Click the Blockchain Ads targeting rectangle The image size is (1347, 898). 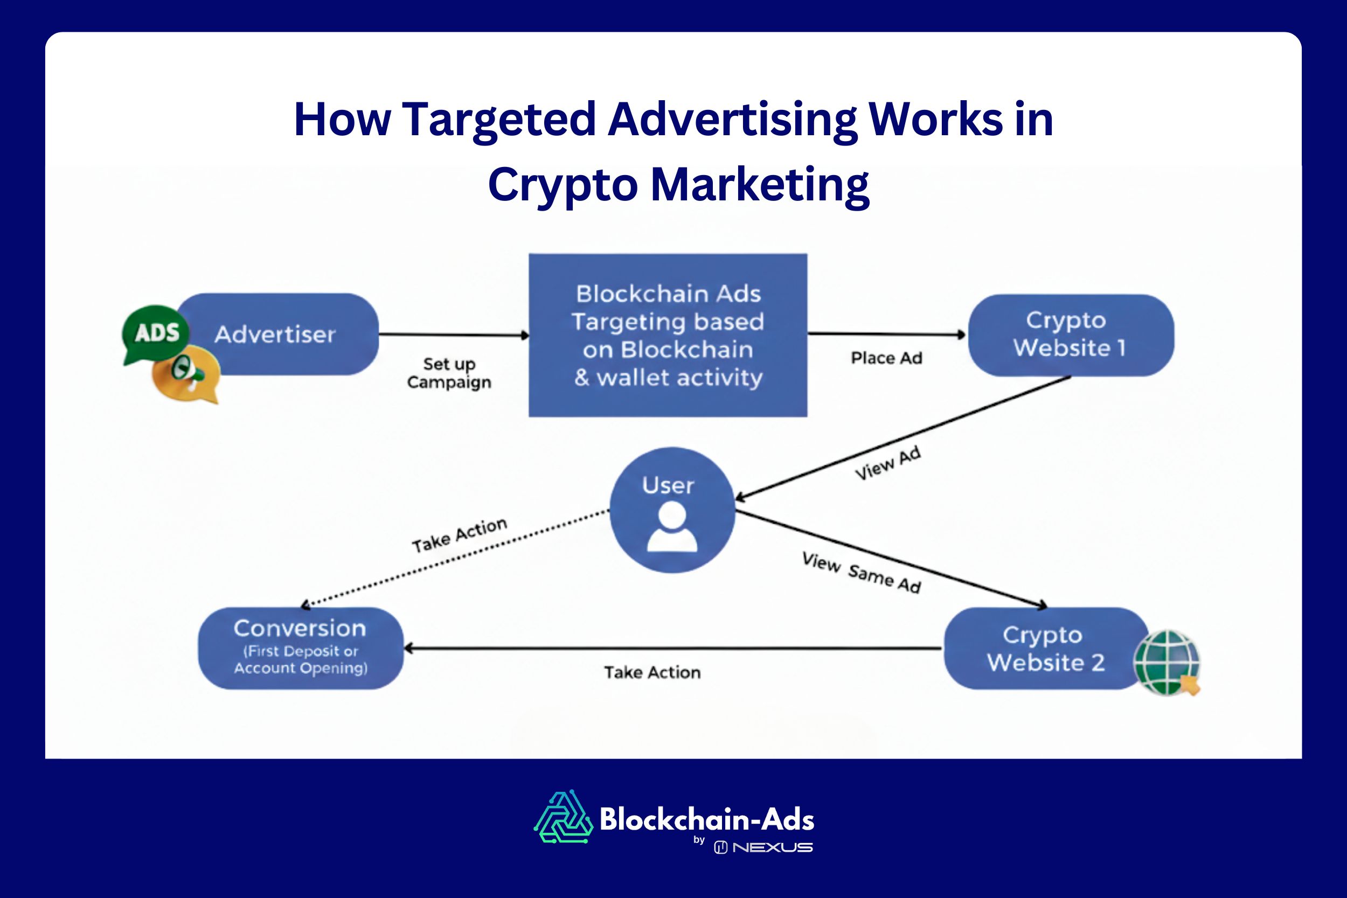pos(668,335)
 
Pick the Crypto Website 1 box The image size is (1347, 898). pos(1070,335)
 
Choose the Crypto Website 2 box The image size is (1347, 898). pos(1045,648)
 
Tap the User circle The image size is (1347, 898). pos(672,510)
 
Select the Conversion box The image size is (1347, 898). pos(301,648)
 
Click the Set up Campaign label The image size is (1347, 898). pos(449,373)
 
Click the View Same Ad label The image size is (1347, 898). pos(861,572)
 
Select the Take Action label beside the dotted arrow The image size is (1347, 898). pos(459,535)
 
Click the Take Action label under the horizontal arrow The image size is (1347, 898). pos(652,672)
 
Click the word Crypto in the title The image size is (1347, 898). pos(563,185)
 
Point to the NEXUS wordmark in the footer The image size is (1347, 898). pos(772,847)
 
